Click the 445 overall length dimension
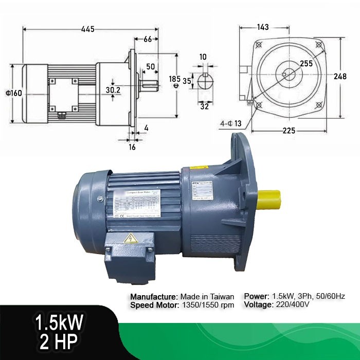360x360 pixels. tap(87, 29)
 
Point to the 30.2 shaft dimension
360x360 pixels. tap(113, 89)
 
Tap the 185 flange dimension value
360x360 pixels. tap(174, 79)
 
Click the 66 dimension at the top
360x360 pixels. tap(147, 39)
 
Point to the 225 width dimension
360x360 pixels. tap(289, 131)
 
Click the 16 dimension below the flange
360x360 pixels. tap(132, 147)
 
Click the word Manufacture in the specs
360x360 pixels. tap(153, 297)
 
